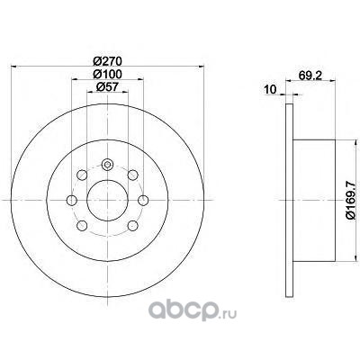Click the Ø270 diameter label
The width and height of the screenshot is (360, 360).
[107, 61]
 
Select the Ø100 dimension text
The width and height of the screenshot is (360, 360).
[107, 74]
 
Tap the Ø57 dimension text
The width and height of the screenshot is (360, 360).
[107, 87]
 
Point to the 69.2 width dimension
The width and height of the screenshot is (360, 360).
[310, 75]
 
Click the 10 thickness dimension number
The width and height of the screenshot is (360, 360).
[270, 89]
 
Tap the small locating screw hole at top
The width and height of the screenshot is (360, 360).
[107, 165]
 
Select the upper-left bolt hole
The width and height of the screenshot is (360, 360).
[82, 175]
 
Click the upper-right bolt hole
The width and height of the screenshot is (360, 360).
[132, 175]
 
